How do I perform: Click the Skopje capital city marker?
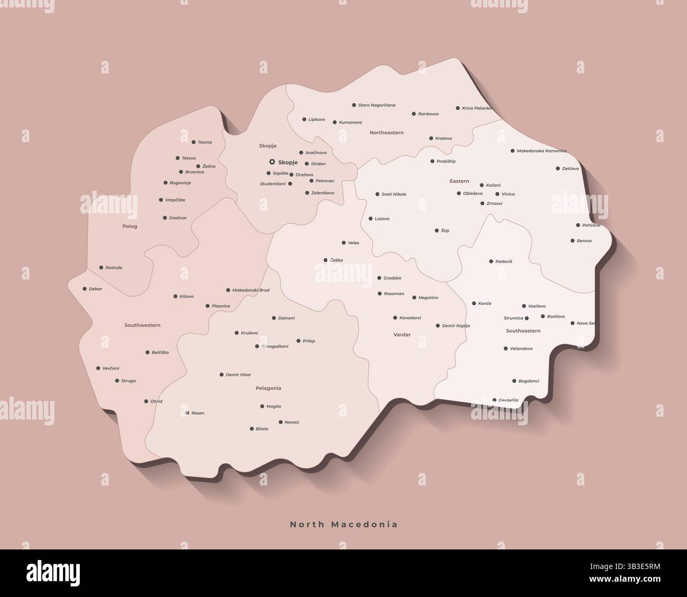272,162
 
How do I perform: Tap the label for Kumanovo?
350,123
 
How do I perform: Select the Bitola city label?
262,429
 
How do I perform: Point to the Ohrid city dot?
146,402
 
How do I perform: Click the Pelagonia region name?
268,388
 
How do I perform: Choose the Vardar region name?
402,335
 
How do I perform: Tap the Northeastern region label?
386,133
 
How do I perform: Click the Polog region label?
129,226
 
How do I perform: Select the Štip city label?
445,231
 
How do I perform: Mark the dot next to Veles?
343,243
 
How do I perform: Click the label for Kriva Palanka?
477,108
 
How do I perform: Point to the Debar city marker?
85,289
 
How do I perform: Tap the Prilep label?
309,341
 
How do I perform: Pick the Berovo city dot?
572,241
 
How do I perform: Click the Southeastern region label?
523,331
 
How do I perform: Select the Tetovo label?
189,158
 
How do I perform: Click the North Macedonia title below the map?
343,525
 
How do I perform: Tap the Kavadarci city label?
410,318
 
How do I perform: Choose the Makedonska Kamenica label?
541,151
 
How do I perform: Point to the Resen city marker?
187,413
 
